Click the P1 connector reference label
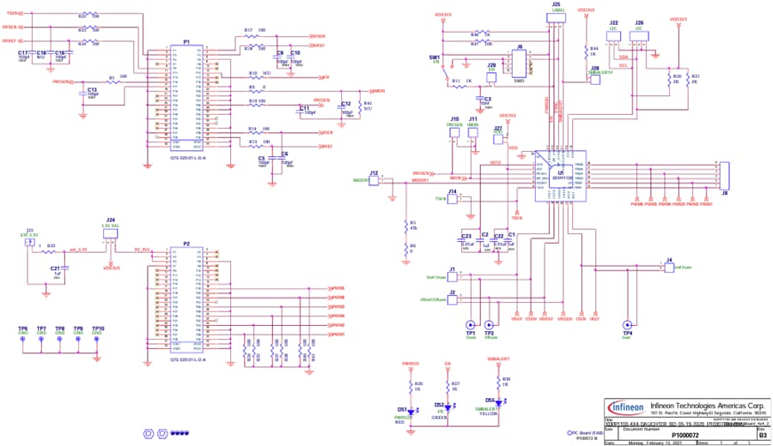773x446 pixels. click(x=186, y=42)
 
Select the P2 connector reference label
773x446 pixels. click(x=186, y=244)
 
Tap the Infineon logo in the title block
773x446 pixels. click(x=626, y=406)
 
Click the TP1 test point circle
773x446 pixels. click(x=470, y=324)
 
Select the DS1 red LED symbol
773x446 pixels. click(x=411, y=410)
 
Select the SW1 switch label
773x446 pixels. click(x=434, y=57)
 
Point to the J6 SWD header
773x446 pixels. click(x=519, y=63)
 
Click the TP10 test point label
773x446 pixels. click(x=98, y=328)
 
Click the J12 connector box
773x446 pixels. click(x=374, y=180)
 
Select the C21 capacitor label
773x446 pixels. click(x=54, y=268)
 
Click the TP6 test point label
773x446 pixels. click(x=23, y=328)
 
